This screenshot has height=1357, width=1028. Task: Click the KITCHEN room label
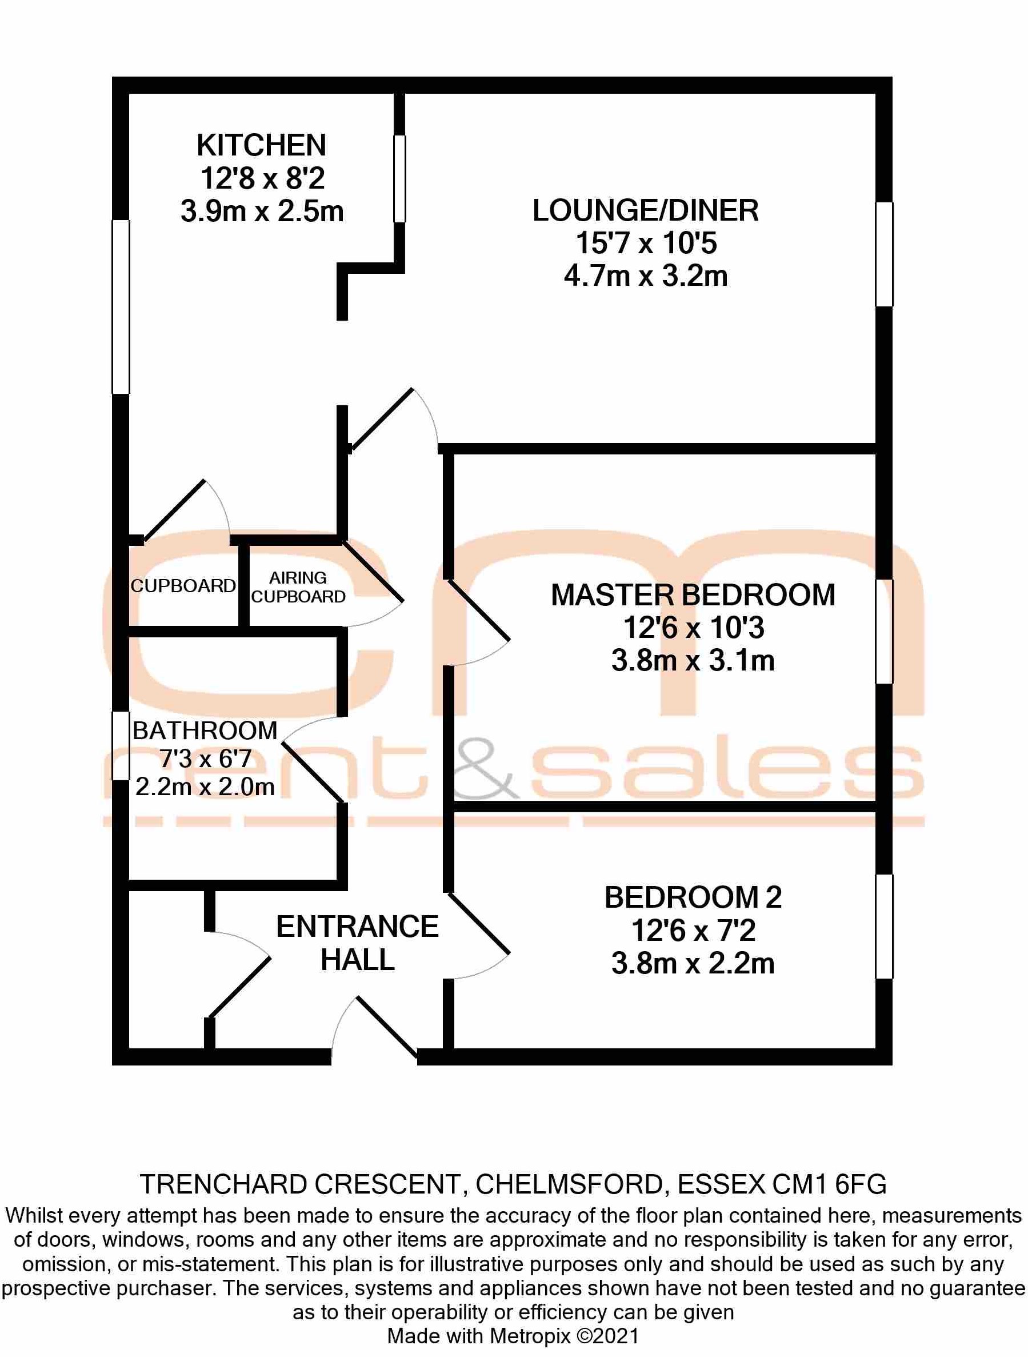tap(261, 145)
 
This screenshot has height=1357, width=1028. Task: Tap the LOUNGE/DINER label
tap(645, 210)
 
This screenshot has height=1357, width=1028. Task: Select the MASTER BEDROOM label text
tap(693, 595)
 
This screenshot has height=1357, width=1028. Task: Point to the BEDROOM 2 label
tap(693, 897)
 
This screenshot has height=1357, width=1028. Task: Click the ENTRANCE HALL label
tap(357, 943)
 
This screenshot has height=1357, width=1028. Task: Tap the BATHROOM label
tap(205, 731)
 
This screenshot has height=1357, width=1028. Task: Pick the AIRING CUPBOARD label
tap(298, 587)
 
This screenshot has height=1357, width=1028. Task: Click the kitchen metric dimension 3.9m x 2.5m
tap(262, 211)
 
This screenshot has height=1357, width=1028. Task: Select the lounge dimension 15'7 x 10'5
tap(646, 244)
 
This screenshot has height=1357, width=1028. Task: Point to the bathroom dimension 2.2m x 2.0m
tap(205, 787)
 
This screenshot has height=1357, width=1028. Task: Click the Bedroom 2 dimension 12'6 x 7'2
tap(693, 931)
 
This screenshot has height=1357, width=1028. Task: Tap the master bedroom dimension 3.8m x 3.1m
tap(693, 661)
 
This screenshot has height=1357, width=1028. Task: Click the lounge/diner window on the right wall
tap(883, 254)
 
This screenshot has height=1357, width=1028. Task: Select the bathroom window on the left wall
tap(121, 745)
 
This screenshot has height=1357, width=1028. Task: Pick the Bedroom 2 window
tap(883, 926)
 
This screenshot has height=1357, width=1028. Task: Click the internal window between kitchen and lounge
tap(399, 178)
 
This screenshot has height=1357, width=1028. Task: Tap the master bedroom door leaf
tap(479, 611)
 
